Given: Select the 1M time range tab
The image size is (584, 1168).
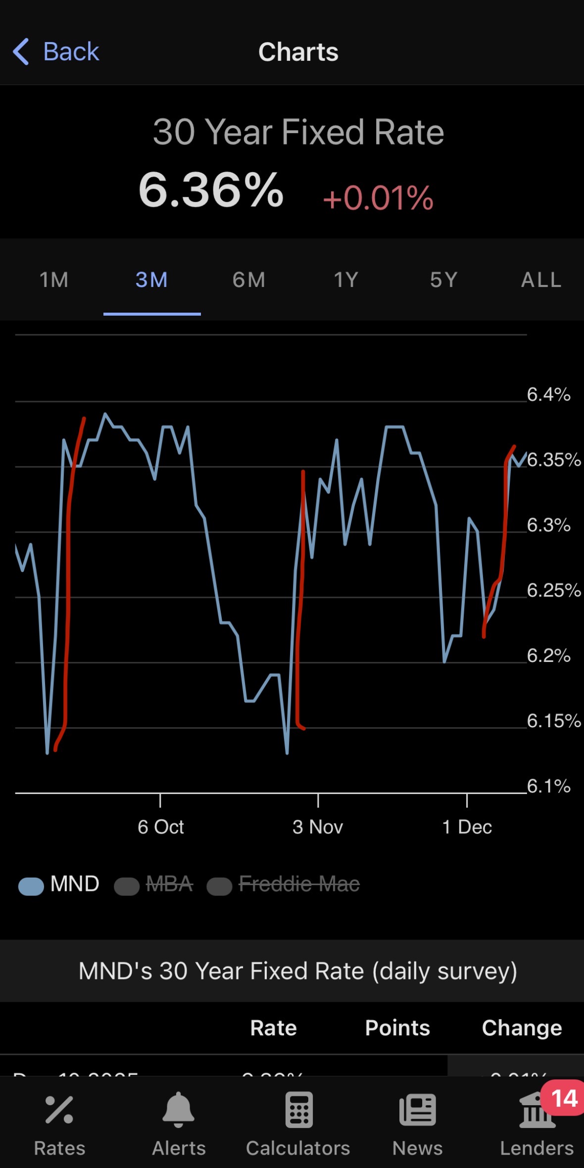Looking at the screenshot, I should click(x=54, y=280).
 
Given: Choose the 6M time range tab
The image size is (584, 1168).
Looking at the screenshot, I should click(x=249, y=280).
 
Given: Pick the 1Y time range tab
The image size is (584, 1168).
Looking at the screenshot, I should click(x=346, y=280).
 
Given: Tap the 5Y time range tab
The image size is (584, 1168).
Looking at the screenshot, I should click(x=443, y=280).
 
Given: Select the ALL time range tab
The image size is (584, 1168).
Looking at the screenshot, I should click(x=541, y=280).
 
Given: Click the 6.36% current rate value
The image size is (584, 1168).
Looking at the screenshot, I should click(x=211, y=190).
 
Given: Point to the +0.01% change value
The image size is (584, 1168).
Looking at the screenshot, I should click(x=378, y=198).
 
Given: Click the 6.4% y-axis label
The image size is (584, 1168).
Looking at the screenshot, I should click(x=548, y=395).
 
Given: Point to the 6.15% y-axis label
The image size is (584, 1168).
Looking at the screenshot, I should click(x=553, y=721).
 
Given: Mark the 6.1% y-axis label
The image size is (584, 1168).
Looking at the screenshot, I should click(x=548, y=786).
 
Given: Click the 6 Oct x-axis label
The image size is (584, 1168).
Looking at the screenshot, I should click(x=161, y=827).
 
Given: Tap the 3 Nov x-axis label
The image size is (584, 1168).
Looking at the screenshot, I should click(x=318, y=827).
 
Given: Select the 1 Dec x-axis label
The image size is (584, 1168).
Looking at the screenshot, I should click(x=467, y=827).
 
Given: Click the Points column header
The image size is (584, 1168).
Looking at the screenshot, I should click(x=397, y=1028).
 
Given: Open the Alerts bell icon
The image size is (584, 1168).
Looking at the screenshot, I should click(x=178, y=1110).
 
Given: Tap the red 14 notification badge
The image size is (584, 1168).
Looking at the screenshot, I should click(x=564, y=1099).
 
